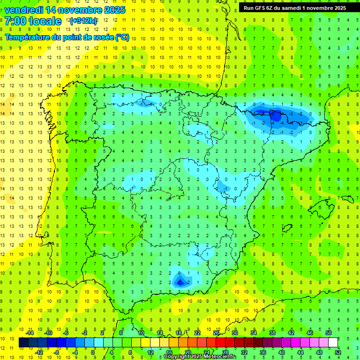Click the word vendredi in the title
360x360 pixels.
24,10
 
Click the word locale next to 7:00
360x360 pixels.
45,21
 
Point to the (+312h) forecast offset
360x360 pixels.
83,21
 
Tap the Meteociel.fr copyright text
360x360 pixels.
200,357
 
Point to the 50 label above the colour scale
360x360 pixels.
328,333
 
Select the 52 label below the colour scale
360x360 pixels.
337,352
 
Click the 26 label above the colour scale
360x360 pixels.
216,333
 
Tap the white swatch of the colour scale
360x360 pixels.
333,343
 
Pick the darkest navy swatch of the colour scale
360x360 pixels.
23,343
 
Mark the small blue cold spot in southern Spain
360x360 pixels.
180,281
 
